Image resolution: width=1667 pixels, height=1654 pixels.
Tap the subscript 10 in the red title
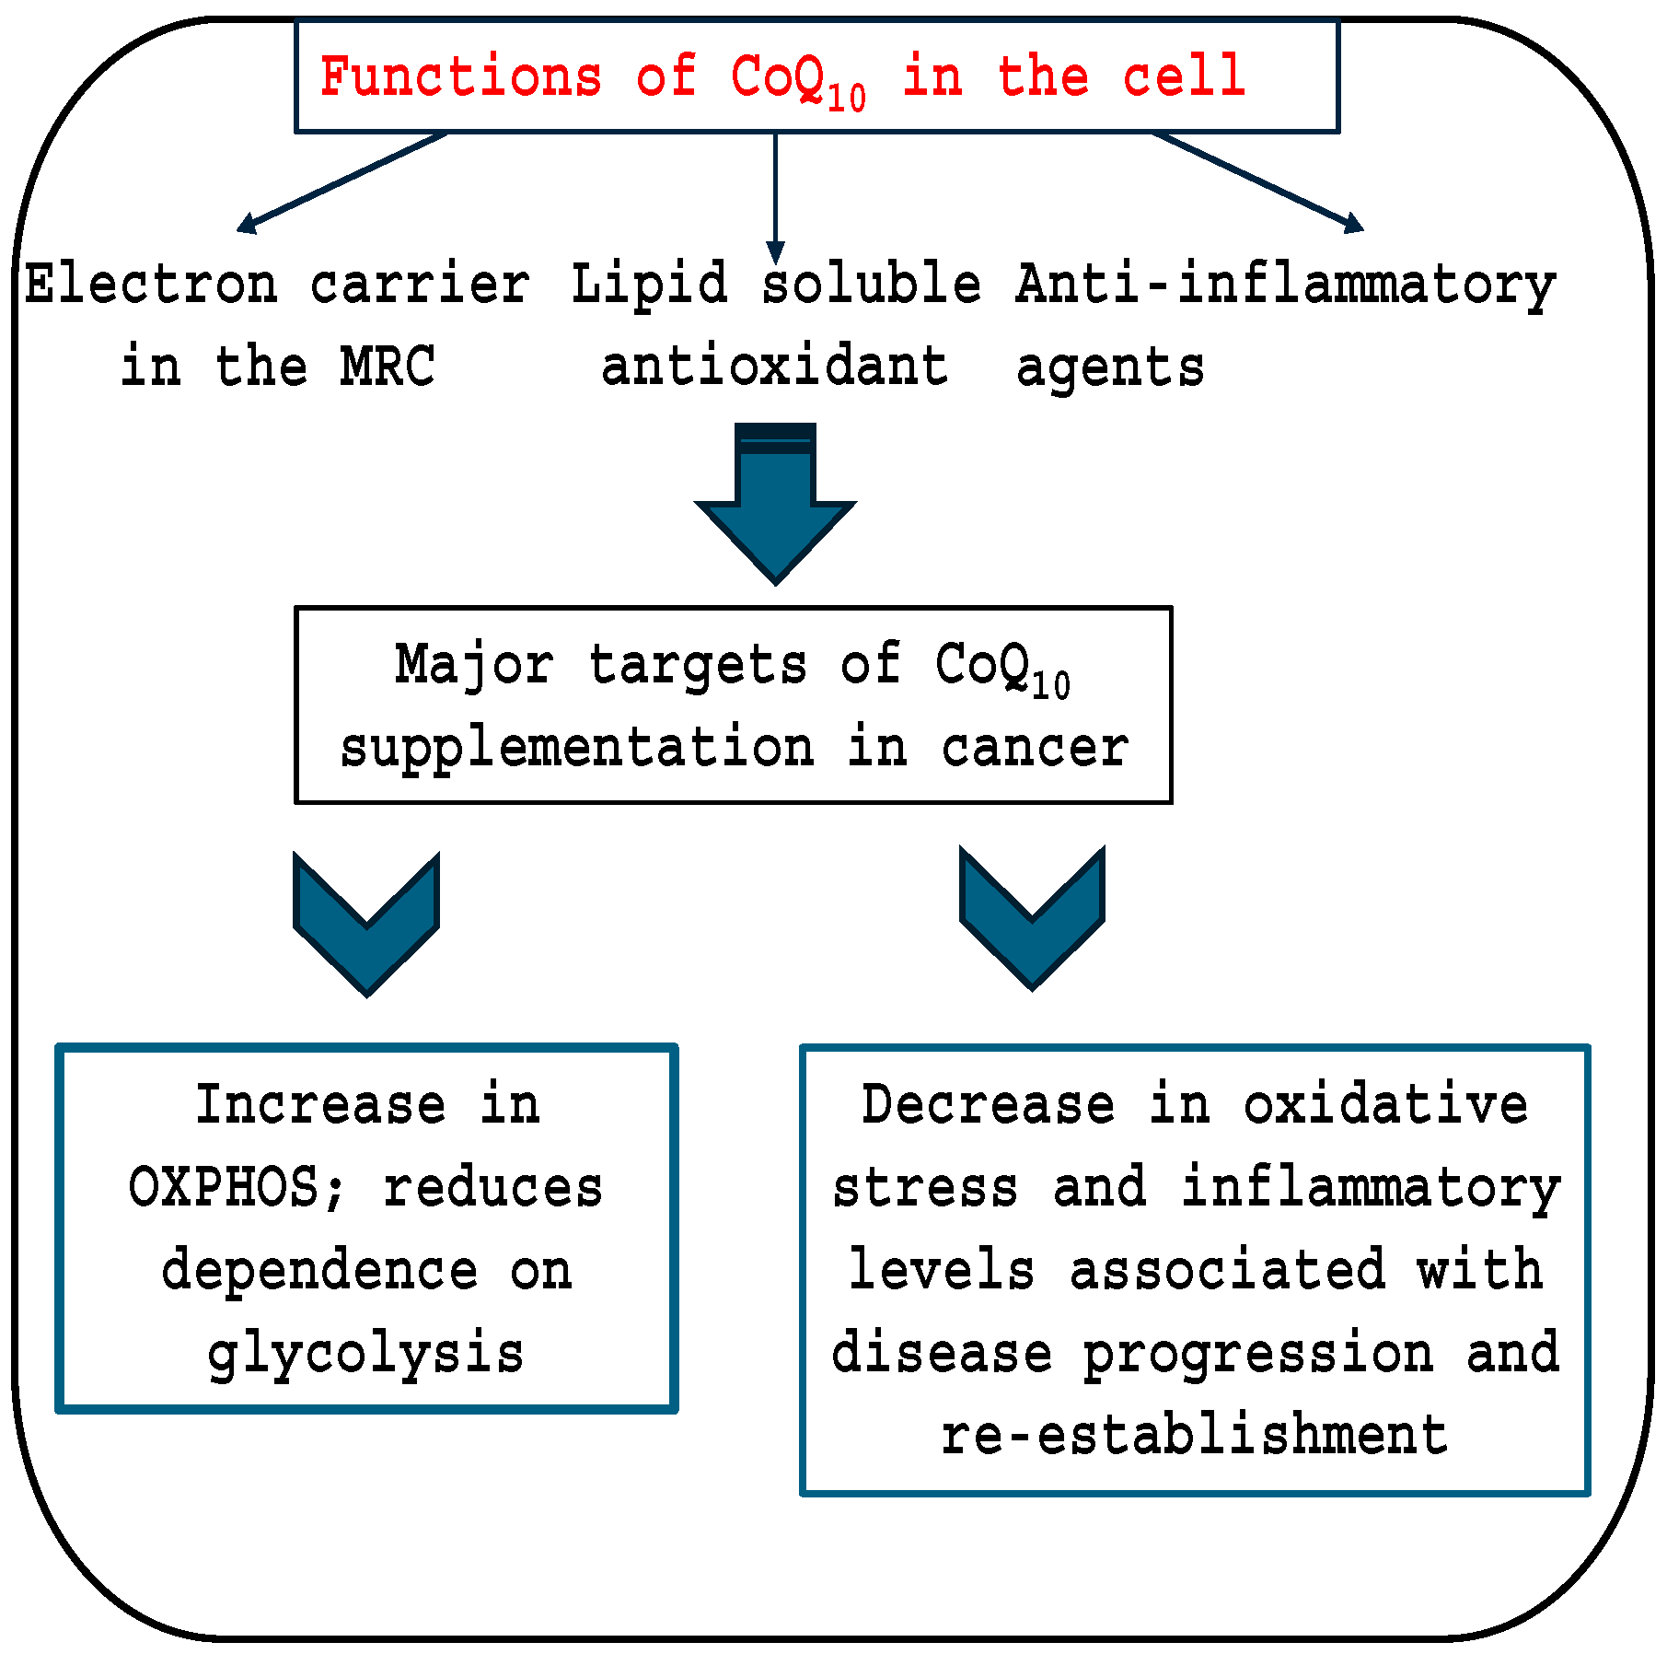point(846,98)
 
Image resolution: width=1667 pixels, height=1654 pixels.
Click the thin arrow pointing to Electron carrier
point(342,181)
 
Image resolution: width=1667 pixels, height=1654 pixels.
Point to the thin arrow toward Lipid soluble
point(775,198)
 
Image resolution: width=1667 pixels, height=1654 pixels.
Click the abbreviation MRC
point(387,367)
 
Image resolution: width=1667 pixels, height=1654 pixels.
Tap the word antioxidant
point(773,367)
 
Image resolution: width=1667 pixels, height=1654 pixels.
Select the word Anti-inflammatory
point(1285,285)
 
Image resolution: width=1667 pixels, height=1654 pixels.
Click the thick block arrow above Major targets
point(775,503)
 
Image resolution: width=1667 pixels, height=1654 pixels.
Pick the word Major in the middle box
point(474,665)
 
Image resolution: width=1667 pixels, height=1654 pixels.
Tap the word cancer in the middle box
point(1035,747)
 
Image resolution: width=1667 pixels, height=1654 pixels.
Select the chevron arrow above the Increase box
point(366,924)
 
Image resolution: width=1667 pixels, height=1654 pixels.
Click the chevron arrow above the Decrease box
point(1032,918)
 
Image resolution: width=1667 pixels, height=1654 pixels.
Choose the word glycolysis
point(366,1355)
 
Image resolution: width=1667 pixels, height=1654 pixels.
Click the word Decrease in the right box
point(988,1104)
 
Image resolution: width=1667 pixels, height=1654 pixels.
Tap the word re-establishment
point(1194,1436)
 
